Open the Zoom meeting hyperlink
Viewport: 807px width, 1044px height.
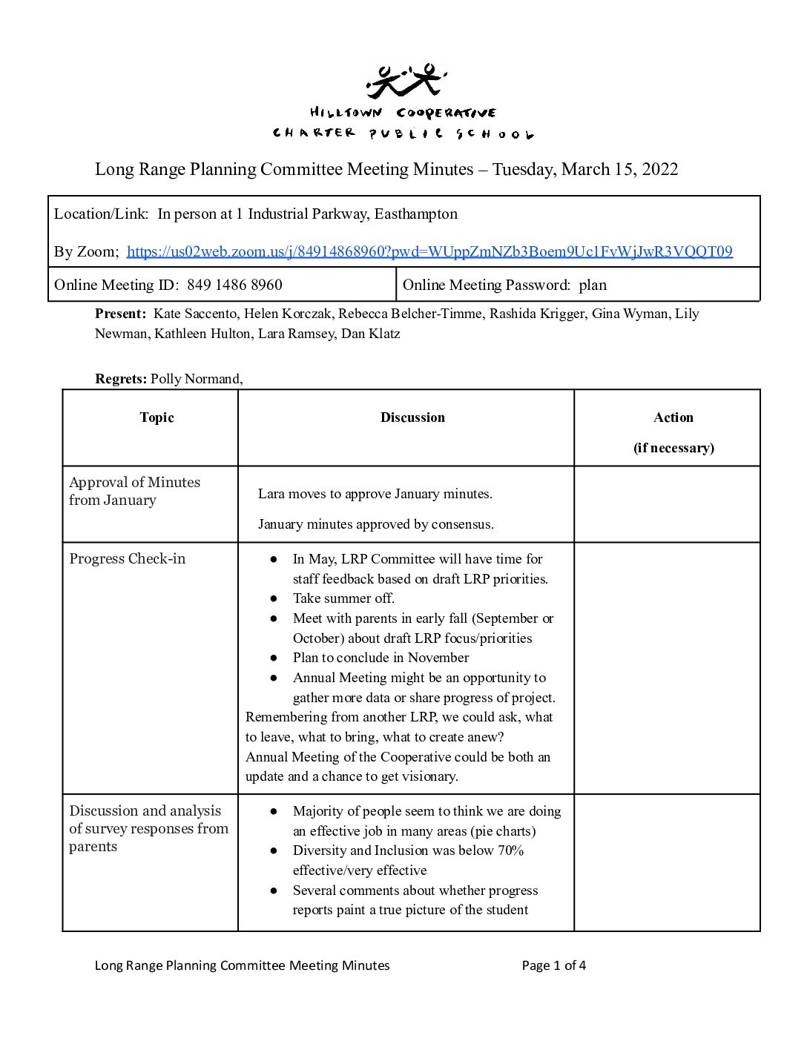point(429,251)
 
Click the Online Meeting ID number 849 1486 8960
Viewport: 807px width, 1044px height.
point(234,285)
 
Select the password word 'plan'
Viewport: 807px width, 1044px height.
point(593,285)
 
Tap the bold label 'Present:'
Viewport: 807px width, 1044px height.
point(120,314)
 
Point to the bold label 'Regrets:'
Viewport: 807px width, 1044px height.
point(121,379)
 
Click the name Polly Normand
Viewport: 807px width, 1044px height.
point(196,379)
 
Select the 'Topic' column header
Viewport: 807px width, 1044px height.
point(157,417)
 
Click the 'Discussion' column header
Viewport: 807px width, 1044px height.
point(412,417)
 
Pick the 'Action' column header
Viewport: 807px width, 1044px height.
point(673,417)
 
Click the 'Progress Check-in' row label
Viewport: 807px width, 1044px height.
point(128,559)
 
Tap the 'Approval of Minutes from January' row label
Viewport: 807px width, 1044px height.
point(134,491)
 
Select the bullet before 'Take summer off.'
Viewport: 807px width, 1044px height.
point(274,598)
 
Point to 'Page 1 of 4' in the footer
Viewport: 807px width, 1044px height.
point(553,965)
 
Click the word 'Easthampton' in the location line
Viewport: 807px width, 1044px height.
point(415,214)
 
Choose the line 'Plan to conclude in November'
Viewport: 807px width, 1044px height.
point(381,658)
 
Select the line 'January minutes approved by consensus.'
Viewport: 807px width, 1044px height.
point(376,524)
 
